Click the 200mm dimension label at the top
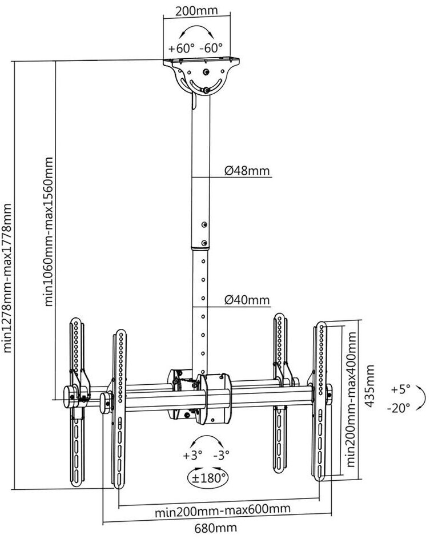tap(196, 10)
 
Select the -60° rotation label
tap(211, 48)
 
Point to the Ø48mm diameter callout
tap(247, 170)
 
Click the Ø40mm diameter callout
tap(247, 300)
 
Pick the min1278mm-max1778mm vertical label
tap(7, 277)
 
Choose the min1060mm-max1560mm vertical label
tap(49, 232)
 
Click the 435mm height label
tap(369, 386)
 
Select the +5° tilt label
tap(401, 389)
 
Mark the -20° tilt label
tap(399, 408)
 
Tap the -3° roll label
tap(222, 456)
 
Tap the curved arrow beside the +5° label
tap(421, 398)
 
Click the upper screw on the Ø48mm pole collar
tap(204, 225)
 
